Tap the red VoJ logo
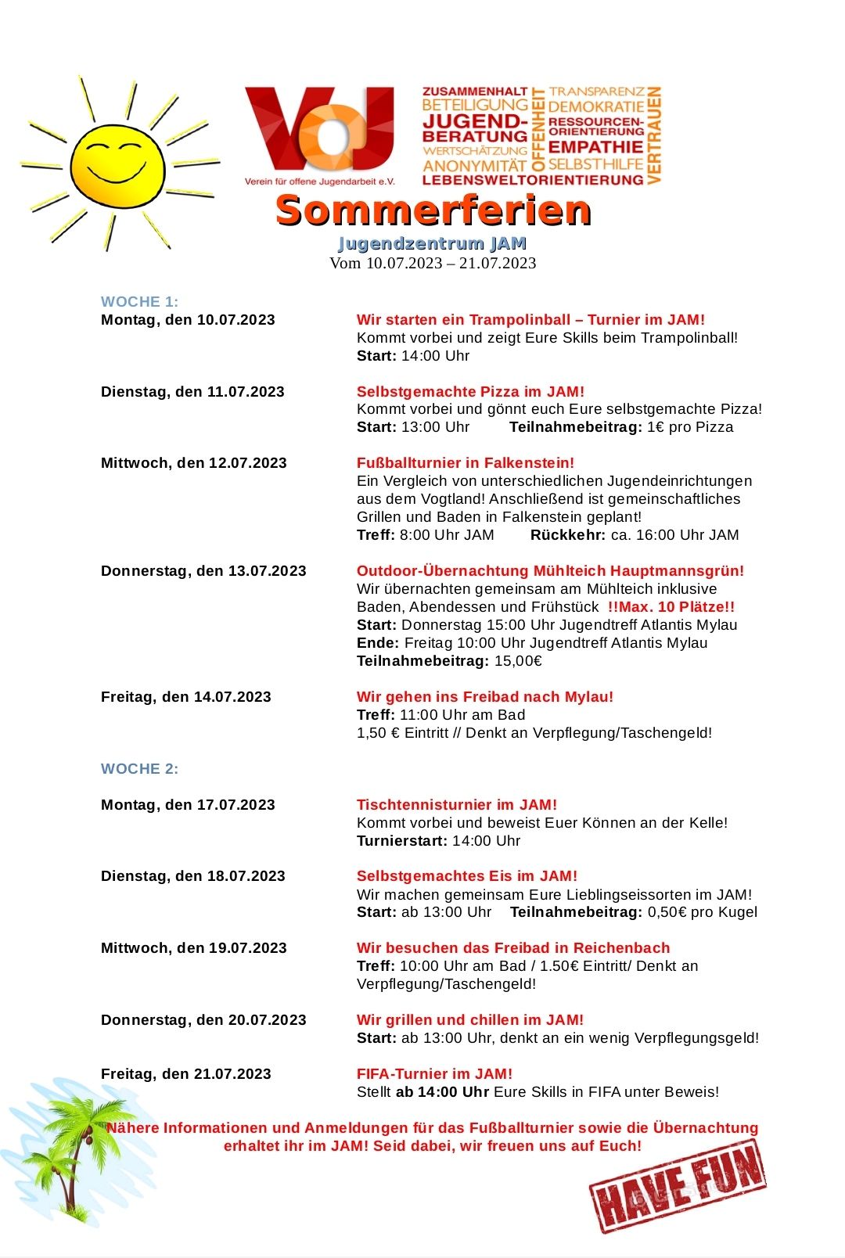[x=319, y=129]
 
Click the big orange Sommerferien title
[x=433, y=210]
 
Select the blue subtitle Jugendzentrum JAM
[x=433, y=243]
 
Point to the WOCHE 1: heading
[x=139, y=301]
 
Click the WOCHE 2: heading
[x=139, y=768]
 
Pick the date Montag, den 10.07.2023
[x=188, y=319]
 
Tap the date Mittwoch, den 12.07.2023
[x=193, y=462]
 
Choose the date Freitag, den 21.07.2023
[x=185, y=1073]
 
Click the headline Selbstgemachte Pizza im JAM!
[x=470, y=391]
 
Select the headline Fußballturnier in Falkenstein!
[x=466, y=462]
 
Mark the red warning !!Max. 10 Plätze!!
[x=671, y=606]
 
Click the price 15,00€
[x=518, y=660]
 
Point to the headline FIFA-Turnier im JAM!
[x=434, y=1073]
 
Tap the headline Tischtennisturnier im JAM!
[x=457, y=804]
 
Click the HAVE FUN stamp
[x=678, y=1185]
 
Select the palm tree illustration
[x=74, y=1150]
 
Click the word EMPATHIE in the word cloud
[x=596, y=147]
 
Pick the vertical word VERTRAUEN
[x=655, y=135]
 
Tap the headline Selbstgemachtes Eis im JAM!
[x=467, y=875]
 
